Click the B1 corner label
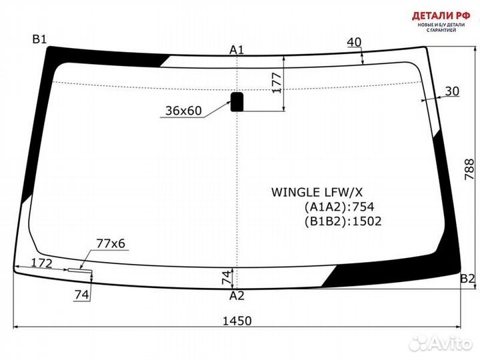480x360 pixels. [x=39, y=39]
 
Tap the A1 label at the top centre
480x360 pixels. [x=237, y=49]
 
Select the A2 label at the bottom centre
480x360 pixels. [x=237, y=295]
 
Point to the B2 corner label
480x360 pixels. [x=467, y=278]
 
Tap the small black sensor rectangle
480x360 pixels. [x=237, y=101]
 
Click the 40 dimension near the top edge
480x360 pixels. [x=354, y=42]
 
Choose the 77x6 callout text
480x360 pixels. [x=111, y=244]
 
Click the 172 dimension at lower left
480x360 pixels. [x=41, y=263]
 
